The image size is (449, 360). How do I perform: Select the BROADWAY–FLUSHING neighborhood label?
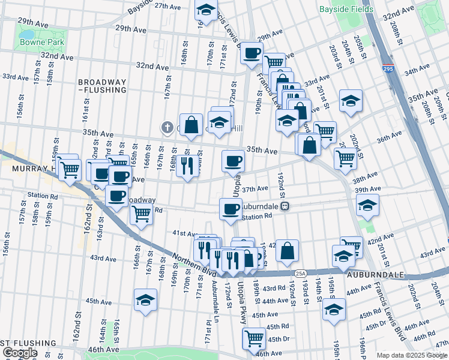[101, 86]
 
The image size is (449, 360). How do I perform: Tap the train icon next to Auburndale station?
[286, 206]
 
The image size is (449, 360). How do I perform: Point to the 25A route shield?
[300, 274]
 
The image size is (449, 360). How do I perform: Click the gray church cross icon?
[169, 127]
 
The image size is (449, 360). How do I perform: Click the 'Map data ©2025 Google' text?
[411, 355]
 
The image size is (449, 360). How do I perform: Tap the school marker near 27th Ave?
[206, 10]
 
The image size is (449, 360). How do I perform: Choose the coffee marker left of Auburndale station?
[231, 209]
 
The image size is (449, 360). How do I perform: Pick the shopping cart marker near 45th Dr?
[254, 338]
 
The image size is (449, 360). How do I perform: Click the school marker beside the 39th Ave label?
[367, 205]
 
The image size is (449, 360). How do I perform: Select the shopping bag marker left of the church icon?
[191, 125]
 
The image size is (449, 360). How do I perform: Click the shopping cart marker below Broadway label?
[141, 213]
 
